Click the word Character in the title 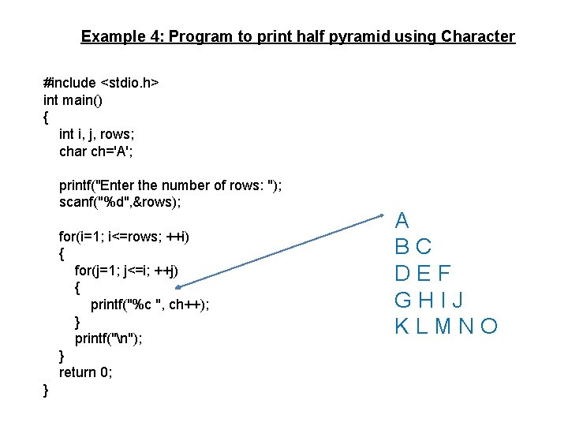(x=478, y=36)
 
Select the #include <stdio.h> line (x=102, y=82)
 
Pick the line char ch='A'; (x=97, y=151)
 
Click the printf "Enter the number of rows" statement (x=170, y=185)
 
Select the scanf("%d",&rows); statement (x=120, y=202)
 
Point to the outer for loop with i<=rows (x=125, y=237)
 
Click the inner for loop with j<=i (x=127, y=271)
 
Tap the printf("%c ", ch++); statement (x=150, y=305)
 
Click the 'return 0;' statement (x=86, y=372)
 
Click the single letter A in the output (x=402, y=220)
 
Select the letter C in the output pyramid (x=424, y=247)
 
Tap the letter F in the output (x=444, y=274)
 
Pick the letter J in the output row (x=458, y=300)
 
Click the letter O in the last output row (x=490, y=326)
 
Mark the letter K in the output (x=402, y=326)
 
